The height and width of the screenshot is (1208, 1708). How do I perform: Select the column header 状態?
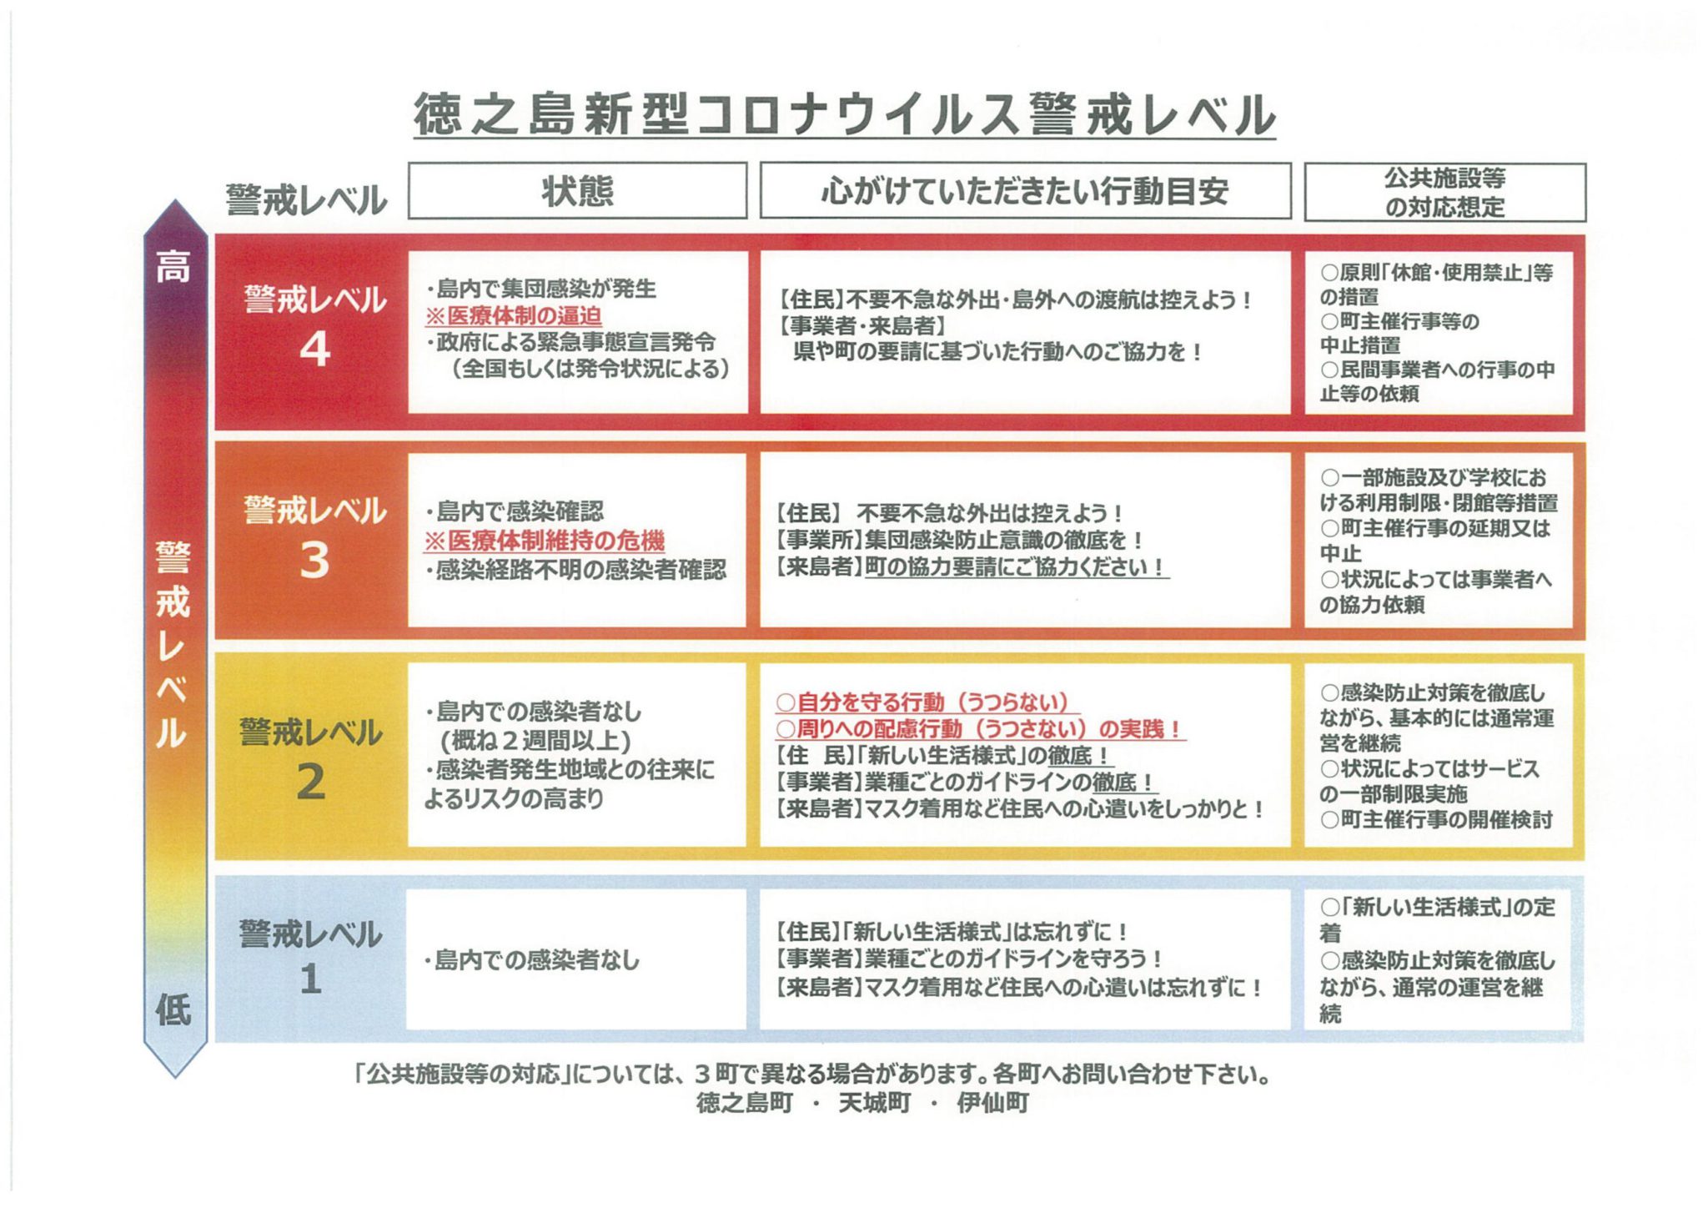coord(577,191)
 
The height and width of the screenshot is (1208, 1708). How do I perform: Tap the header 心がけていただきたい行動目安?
coord(1025,191)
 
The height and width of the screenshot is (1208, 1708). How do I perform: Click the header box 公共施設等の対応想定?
coord(1445,192)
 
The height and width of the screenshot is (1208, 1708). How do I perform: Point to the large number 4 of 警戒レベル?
coord(314,349)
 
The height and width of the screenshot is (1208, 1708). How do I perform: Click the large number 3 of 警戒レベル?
coord(314,560)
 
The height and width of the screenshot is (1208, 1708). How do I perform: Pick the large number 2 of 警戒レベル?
coord(311,782)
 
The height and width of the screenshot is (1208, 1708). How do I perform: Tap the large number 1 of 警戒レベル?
coord(311,979)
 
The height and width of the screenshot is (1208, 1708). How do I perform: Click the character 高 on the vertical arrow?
coord(173,267)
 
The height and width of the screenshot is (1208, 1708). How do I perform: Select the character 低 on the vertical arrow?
coord(173,1010)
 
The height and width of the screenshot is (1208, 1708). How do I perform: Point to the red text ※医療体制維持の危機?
coord(545,541)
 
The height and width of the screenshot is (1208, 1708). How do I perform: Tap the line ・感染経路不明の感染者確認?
coord(575,570)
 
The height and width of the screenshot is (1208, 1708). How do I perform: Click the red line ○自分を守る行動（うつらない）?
coord(922,702)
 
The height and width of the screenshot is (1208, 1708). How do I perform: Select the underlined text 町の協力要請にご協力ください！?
coord(1016,567)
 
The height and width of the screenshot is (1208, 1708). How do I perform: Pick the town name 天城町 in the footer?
coord(874,1103)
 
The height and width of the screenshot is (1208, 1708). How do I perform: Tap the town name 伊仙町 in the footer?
coord(992,1103)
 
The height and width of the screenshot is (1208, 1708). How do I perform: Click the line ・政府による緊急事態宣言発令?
coord(571,342)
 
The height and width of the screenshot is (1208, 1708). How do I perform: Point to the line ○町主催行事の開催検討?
coord(1436,820)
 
